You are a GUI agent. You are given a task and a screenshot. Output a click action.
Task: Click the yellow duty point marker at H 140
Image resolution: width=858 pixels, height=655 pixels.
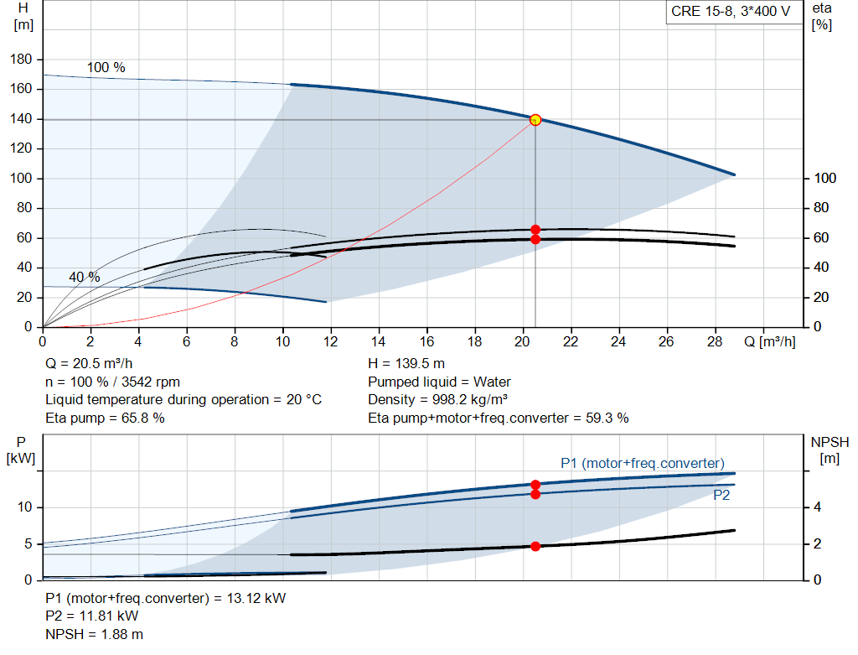point(535,119)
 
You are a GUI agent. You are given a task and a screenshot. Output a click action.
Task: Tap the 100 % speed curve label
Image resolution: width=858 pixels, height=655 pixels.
point(106,67)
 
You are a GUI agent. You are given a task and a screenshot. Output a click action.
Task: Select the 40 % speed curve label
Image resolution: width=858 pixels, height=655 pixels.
point(85,277)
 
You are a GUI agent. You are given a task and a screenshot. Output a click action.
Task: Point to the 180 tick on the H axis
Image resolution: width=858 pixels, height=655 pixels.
point(21,60)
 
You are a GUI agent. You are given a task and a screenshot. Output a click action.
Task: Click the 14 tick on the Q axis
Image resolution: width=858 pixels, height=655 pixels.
point(378,341)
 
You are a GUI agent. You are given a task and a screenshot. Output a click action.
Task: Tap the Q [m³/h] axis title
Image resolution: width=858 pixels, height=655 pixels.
point(769,341)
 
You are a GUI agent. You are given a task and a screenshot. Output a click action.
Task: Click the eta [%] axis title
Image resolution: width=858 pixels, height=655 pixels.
point(822,17)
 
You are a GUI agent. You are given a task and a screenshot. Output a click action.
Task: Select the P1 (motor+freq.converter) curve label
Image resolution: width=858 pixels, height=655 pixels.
point(643,463)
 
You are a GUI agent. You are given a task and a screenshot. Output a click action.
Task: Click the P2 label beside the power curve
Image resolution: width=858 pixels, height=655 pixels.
point(721,495)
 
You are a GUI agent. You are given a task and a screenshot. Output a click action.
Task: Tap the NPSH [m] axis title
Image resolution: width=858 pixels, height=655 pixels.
point(830,450)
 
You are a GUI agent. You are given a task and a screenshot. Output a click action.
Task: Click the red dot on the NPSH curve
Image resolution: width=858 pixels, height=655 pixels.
point(535,546)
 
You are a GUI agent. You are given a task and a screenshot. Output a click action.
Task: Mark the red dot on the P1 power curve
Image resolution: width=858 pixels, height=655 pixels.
point(535,485)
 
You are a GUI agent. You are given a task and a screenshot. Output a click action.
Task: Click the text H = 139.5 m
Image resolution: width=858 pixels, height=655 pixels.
point(406,364)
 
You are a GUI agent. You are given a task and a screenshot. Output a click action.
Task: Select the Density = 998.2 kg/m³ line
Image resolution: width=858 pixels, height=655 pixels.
point(437,400)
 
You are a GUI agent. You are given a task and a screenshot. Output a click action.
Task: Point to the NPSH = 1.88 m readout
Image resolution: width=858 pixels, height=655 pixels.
point(94,634)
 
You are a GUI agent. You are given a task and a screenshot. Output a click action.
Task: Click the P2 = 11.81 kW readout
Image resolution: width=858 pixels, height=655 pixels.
point(92,616)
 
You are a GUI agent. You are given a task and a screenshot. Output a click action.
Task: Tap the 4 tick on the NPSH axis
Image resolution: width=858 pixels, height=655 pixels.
point(817,507)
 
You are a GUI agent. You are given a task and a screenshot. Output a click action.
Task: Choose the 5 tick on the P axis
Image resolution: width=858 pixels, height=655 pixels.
point(28,543)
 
